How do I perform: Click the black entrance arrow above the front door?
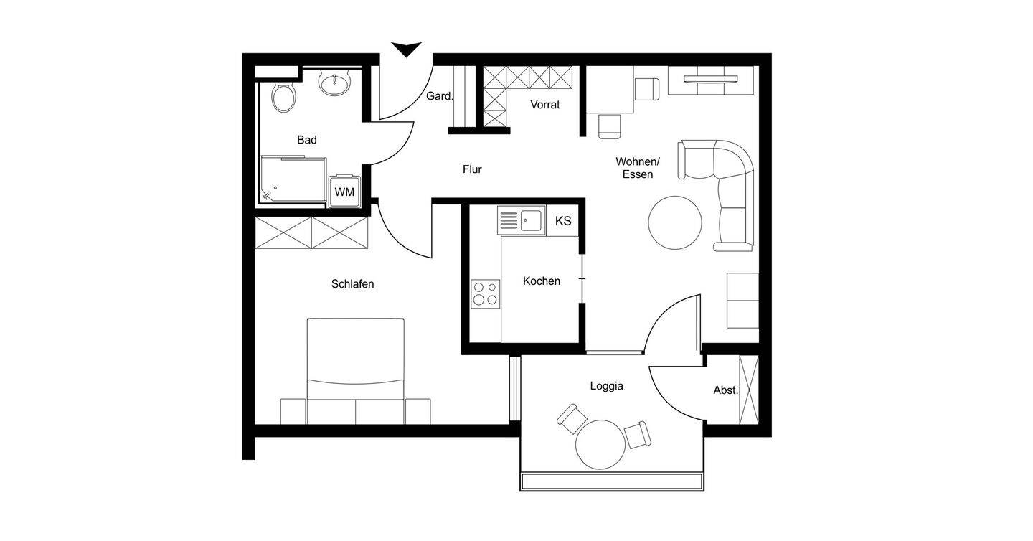coord(406,49)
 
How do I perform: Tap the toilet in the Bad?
coord(283,97)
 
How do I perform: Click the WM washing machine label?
coord(344,192)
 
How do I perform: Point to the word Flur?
coord(472,169)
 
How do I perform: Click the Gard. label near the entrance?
coord(440,96)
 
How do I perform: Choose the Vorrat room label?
coord(545,105)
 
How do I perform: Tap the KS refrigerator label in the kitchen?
coord(563,221)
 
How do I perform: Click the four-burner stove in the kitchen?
coord(485,293)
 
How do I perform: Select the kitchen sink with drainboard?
coord(522,220)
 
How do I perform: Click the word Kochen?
coord(542,281)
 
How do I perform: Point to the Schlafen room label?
coord(353,283)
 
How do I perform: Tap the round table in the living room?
coord(675,222)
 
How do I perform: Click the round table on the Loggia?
coord(600,444)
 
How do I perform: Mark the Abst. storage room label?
coord(726,390)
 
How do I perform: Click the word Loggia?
coord(607,386)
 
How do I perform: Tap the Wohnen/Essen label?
coord(638,168)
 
